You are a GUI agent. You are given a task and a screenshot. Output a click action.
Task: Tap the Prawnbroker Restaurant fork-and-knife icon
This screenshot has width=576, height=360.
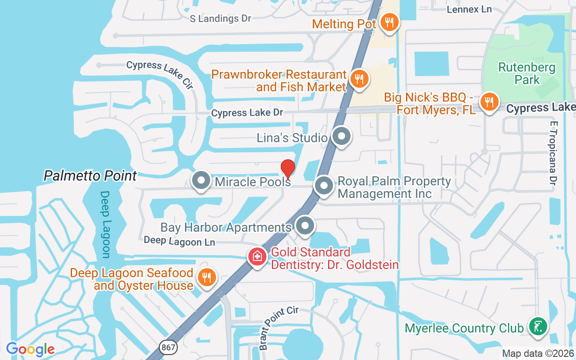pyautogui.click(x=359, y=79)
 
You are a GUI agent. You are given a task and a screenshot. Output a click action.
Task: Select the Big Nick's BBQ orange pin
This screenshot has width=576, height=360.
pyautogui.click(x=489, y=102)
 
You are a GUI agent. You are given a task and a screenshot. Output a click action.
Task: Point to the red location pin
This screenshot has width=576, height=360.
pyautogui.click(x=288, y=168)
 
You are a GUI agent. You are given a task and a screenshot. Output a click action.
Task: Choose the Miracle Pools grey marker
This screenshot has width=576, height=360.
pyautogui.click(x=201, y=180)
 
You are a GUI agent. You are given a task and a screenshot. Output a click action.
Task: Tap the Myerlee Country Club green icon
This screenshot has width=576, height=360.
pyautogui.click(x=538, y=326)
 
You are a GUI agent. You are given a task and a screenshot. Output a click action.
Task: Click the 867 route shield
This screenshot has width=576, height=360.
pyautogui.click(x=168, y=347)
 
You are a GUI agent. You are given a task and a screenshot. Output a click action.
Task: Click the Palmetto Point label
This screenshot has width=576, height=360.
pyautogui.click(x=90, y=175)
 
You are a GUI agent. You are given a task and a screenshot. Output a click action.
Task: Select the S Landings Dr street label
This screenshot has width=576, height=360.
pyautogui.click(x=220, y=18)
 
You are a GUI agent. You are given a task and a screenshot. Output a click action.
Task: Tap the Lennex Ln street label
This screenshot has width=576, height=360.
pyautogui.click(x=469, y=9)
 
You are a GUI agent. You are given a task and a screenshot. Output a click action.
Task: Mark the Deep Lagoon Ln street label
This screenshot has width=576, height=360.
pyautogui.click(x=179, y=241)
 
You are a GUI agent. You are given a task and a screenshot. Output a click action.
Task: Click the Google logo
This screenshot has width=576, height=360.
pyautogui.click(x=30, y=349)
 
